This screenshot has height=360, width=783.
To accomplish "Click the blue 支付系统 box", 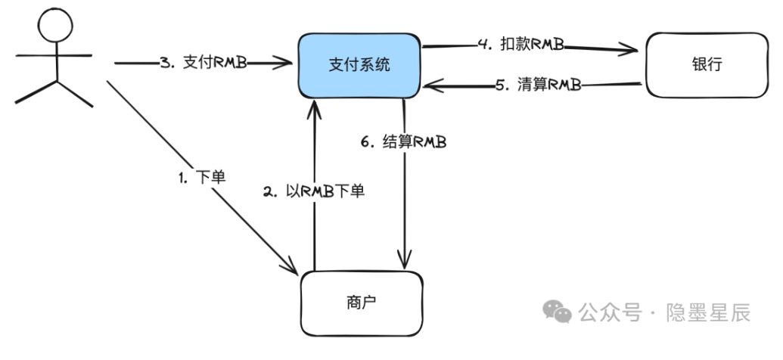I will click(x=359, y=66).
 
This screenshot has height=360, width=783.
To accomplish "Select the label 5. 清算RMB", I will click(x=538, y=85).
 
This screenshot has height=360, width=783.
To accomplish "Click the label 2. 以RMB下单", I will click(x=314, y=192).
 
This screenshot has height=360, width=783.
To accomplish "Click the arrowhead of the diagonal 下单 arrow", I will click(x=291, y=268).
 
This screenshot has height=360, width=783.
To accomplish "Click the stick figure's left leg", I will click(x=32, y=94).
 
